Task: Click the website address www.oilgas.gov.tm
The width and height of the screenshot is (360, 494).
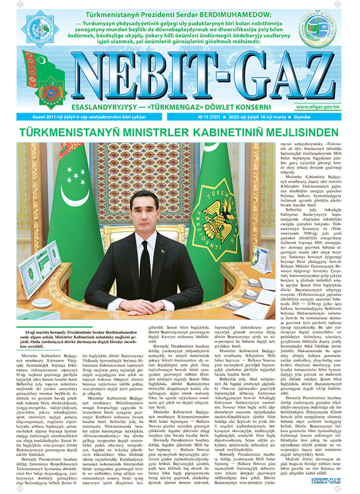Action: (318, 107)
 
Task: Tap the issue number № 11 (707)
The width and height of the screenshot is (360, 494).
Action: (209, 117)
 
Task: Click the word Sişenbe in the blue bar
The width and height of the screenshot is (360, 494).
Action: (302, 117)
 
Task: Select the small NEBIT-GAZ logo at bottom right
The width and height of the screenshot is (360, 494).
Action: (326, 481)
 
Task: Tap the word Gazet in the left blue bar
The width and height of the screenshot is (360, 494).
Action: (39, 117)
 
